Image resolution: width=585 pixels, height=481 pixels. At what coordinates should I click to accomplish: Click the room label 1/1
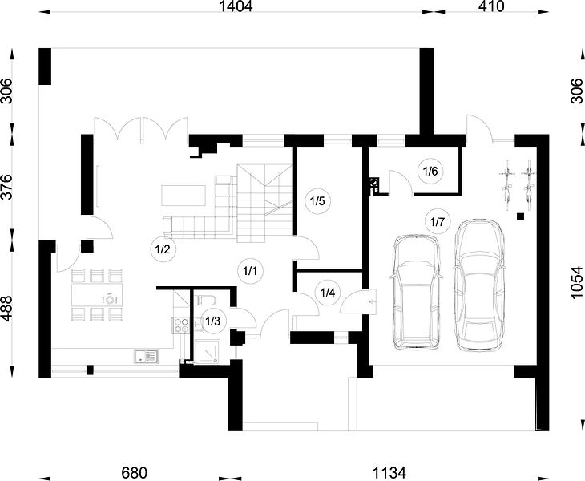point(250,271)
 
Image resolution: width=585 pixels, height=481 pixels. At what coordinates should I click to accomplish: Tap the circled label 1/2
point(163,249)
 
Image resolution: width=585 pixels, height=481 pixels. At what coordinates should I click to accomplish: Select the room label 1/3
point(213,321)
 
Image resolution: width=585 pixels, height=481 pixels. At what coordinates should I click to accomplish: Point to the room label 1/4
point(328,293)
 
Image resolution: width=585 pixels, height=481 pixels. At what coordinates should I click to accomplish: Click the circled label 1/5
point(317,201)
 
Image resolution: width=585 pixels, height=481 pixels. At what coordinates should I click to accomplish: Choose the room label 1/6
point(430,172)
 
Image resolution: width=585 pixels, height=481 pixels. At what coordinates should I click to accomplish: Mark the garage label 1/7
point(438,221)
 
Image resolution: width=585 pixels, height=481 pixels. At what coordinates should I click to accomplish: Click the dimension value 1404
point(236,6)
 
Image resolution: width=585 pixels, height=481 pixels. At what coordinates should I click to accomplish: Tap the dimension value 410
point(491,6)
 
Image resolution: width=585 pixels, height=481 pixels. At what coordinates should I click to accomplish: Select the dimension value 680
point(135,473)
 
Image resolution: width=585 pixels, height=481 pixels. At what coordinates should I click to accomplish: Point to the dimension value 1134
point(389,473)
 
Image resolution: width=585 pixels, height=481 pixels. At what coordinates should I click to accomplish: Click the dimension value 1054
point(576,282)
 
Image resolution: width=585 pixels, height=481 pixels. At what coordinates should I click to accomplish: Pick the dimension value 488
point(7,309)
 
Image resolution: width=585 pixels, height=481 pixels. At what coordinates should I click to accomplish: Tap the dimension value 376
point(7,187)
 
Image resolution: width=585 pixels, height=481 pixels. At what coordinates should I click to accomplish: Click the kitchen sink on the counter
point(146,356)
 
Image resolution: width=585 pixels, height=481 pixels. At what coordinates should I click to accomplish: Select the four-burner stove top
point(180,325)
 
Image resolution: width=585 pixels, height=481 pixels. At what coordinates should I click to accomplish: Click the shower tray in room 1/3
point(207,351)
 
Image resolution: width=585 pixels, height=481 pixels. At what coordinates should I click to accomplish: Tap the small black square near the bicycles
point(520,216)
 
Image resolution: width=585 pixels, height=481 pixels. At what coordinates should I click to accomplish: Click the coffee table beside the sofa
point(184,195)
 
